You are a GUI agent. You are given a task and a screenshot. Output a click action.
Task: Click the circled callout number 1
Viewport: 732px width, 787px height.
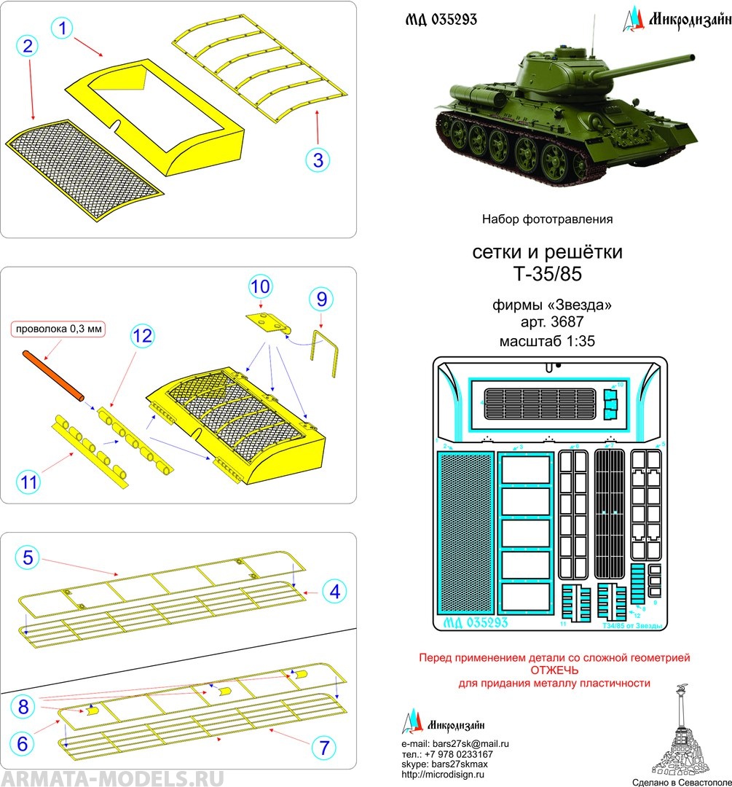click(x=64, y=28)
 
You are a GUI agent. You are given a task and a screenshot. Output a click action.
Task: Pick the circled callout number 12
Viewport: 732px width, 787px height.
click(x=143, y=336)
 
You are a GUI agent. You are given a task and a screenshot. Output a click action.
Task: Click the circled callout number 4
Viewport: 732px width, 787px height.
click(x=334, y=591)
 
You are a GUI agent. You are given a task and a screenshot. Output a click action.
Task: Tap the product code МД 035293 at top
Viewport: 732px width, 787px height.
click(x=441, y=20)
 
